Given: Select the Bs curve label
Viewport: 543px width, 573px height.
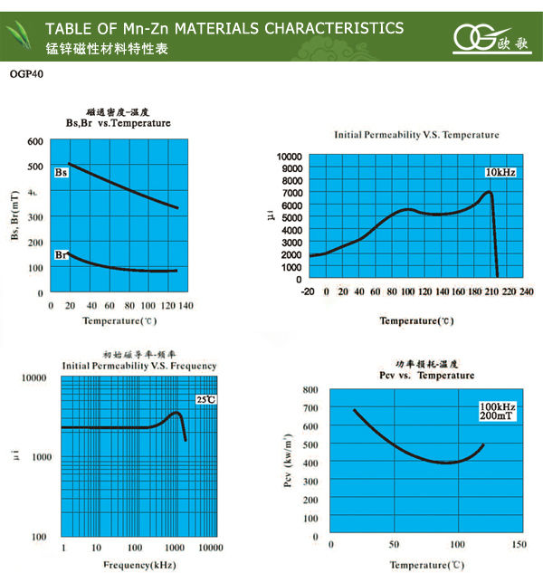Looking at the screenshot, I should [x=62, y=172].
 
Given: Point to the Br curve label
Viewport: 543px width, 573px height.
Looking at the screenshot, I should [x=62, y=256].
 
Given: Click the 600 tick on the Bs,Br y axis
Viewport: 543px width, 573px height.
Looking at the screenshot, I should [x=35, y=141].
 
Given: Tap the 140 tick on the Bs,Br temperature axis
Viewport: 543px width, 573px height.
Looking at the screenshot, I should [x=186, y=307].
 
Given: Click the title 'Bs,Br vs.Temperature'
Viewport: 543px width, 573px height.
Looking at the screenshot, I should [x=118, y=123].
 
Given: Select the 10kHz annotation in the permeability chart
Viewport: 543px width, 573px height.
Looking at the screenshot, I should [x=499, y=172].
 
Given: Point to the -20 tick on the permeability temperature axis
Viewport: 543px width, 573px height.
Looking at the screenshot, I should [x=310, y=291].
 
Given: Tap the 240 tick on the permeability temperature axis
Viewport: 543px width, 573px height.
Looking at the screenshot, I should [x=526, y=291].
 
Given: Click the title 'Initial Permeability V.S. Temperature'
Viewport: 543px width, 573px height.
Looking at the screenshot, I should [x=415, y=135].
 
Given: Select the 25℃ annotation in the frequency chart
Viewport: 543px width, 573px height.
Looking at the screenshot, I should [x=205, y=399].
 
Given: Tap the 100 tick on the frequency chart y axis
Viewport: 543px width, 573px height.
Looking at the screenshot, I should [x=39, y=537].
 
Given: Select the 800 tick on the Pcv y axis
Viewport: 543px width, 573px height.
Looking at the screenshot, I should [x=310, y=389].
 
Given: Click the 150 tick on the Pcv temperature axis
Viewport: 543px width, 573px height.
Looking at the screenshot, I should [x=519, y=544].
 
